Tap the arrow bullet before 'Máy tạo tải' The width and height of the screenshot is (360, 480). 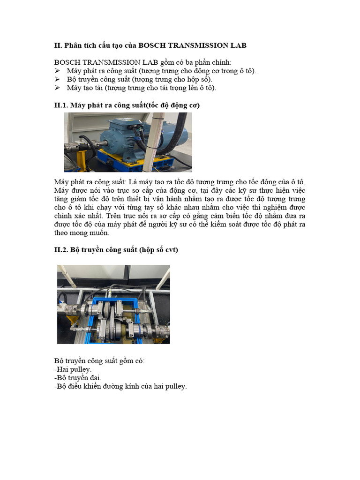[57, 88]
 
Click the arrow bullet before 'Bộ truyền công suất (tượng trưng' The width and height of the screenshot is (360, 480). [57, 79]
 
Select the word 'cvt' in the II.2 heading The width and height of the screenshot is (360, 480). [172, 250]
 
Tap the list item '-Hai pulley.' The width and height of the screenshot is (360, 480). [73, 369]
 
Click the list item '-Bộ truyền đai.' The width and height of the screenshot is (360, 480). [77, 378]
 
